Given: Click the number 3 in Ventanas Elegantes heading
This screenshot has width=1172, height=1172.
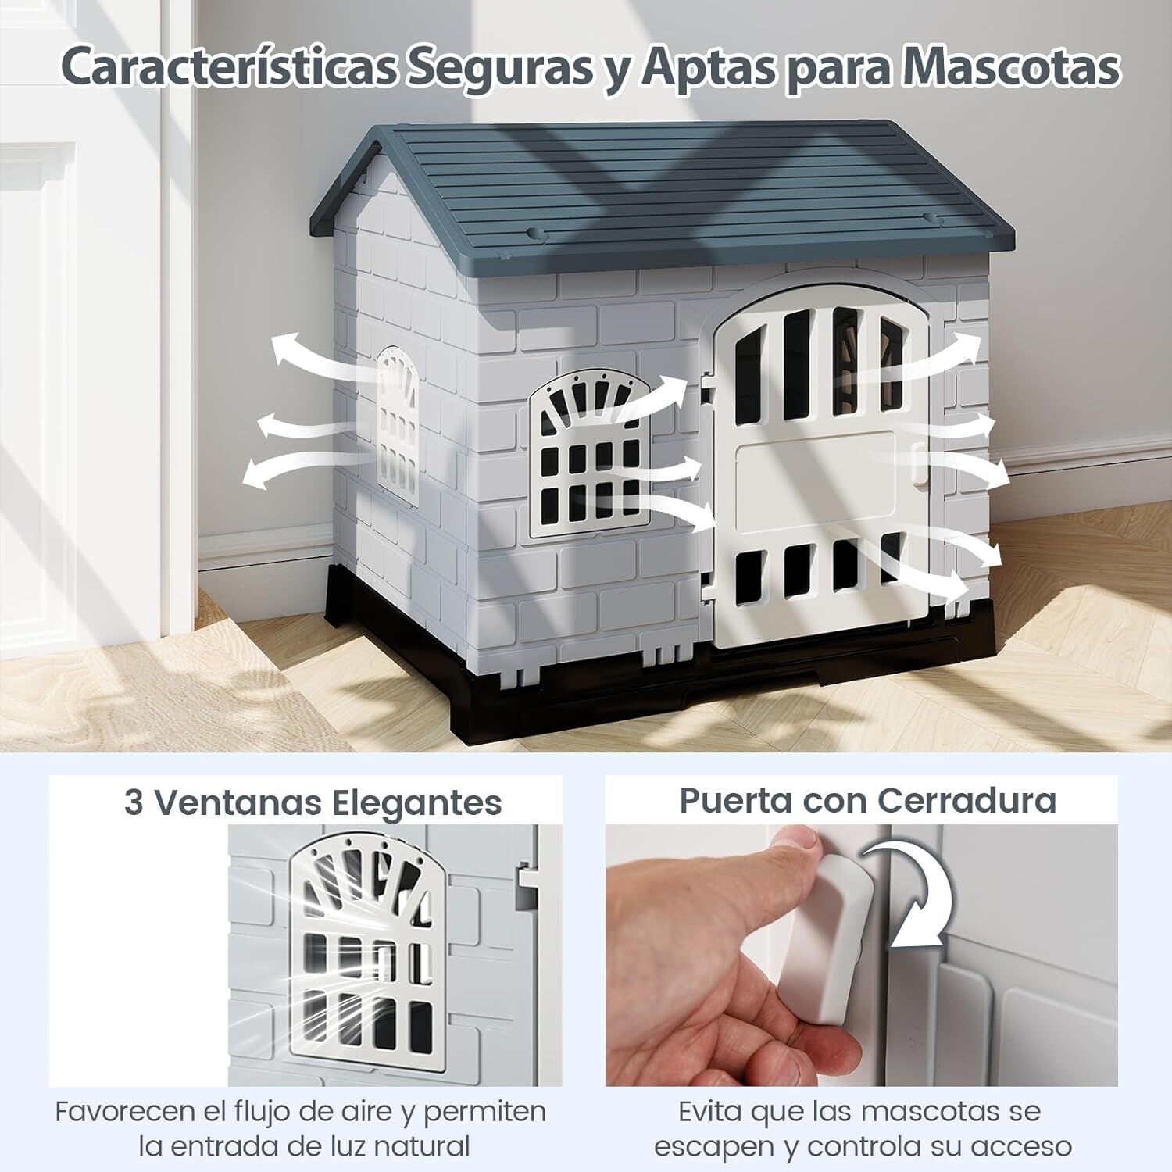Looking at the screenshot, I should click(134, 803).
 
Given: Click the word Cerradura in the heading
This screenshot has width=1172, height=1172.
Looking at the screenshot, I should click(967, 801).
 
